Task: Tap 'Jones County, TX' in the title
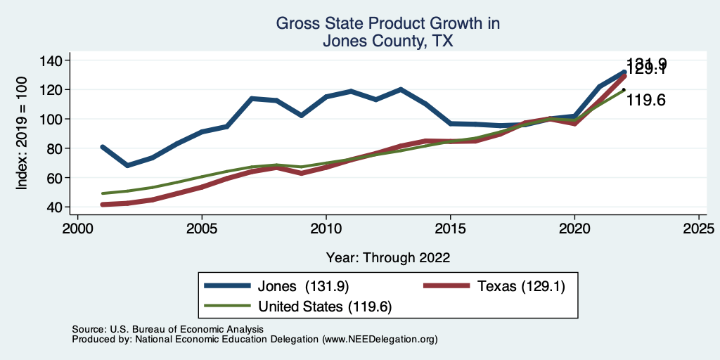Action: point(387,41)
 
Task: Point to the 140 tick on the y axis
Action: point(50,60)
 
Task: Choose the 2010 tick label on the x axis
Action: point(326,229)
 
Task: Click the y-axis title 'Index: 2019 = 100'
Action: point(22,134)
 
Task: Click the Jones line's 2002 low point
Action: point(127,165)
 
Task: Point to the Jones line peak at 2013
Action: point(400,89)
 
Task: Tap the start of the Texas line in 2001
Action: point(103,205)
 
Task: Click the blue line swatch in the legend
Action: point(227,285)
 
